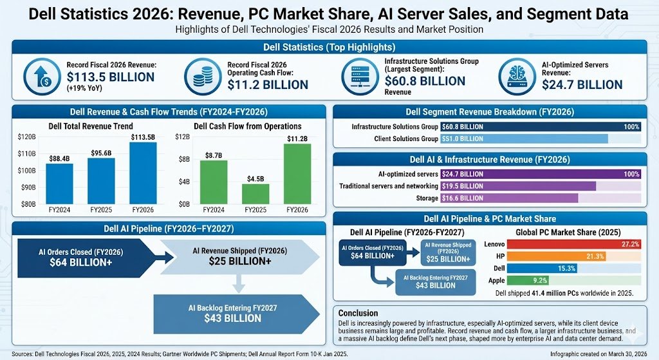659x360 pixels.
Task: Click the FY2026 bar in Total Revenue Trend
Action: click(x=143, y=173)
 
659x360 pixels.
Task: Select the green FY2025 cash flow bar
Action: click(x=255, y=194)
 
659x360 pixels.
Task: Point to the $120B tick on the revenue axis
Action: click(x=27, y=137)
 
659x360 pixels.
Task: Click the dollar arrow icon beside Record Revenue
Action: click(x=41, y=77)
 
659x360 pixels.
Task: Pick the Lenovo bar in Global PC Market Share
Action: click(x=573, y=245)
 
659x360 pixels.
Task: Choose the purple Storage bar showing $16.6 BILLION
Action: click(x=509, y=198)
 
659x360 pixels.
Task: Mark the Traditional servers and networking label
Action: click(x=389, y=186)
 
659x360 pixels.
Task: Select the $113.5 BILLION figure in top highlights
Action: click(x=111, y=78)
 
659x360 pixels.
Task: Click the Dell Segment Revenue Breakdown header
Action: click(x=490, y=111)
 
